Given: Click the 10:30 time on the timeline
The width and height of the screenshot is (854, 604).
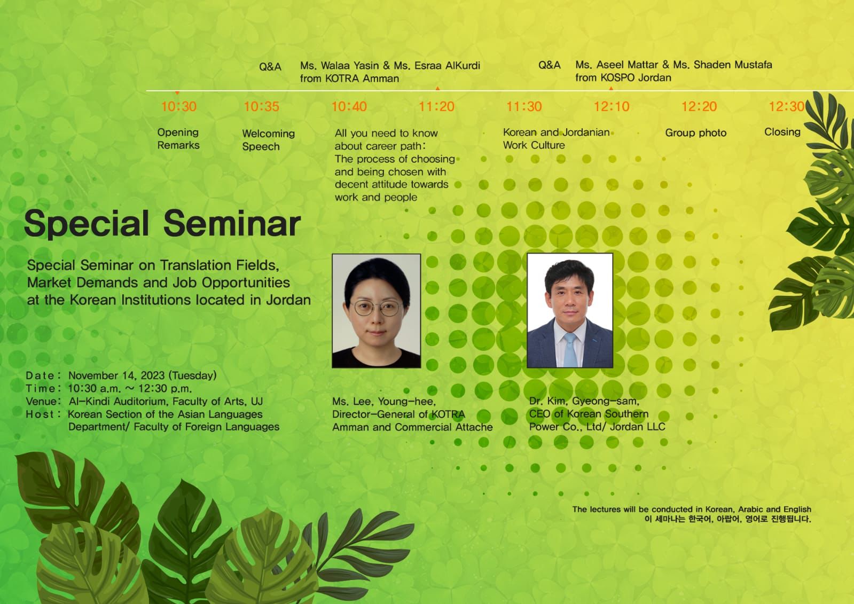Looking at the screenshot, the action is [179, 106].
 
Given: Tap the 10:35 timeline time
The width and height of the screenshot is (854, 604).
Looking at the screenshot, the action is [262, 106].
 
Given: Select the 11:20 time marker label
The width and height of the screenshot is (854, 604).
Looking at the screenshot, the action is [436, 106].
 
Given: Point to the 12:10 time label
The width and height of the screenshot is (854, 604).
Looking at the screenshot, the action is [612, 106].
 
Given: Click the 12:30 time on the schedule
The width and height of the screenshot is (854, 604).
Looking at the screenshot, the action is [787, 106].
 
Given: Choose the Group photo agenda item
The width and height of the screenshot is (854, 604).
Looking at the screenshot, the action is [696, 132].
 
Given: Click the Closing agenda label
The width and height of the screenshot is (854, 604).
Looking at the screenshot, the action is [782, 132].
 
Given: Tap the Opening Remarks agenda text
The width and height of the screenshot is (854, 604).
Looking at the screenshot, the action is [178, 139].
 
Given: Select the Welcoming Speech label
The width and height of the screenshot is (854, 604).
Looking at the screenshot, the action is [269, 140].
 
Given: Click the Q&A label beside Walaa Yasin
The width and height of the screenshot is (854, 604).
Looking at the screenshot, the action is [270, 67].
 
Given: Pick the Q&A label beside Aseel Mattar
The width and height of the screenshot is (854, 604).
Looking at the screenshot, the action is [550, 65].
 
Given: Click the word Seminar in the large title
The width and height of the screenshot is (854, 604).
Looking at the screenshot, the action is [232, 223].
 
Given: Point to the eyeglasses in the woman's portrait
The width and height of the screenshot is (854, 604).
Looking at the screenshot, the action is [377, 308].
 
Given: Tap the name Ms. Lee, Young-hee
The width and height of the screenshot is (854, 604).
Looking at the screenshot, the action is [384, 401].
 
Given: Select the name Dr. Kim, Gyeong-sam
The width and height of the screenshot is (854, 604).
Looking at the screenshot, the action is [584, 401].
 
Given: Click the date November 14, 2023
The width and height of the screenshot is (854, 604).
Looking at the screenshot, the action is [116, 375].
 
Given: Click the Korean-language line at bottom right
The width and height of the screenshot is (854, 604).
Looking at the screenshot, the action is [728, 519].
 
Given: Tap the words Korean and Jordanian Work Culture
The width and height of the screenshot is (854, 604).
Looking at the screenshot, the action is [556, 139].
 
